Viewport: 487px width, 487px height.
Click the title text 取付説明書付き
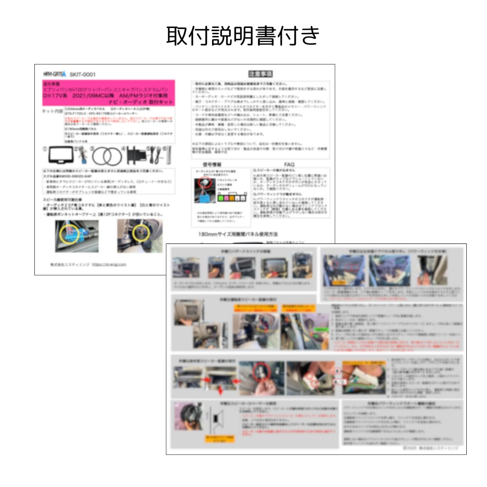pos(243,36)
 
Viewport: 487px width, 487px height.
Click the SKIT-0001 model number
pos(83,74)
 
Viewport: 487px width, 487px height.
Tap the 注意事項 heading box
pos(261,74)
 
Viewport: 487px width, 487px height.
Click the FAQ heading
pos(289,165)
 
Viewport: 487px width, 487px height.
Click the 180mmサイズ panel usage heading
pos(238,234)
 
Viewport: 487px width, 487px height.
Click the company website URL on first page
pos(110,265)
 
